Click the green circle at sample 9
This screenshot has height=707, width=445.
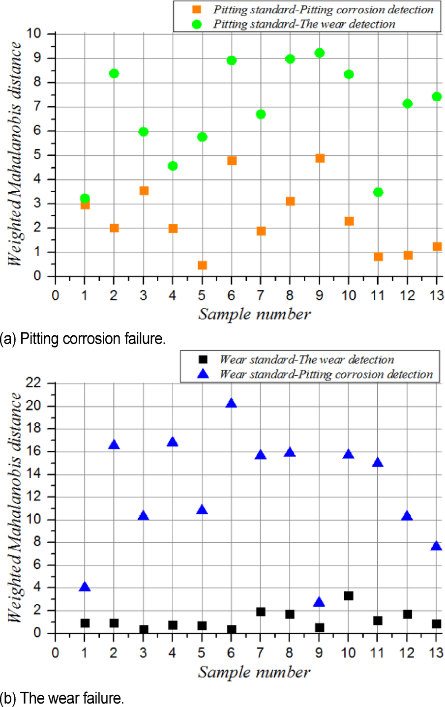(x=320, y=53)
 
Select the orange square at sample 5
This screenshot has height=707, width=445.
(x=202, y=265)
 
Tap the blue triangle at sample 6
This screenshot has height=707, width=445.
(x=231, y=404)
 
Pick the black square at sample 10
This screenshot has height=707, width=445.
(x=349, y=596)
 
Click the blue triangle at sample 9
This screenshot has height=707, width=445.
(x=319, y=602)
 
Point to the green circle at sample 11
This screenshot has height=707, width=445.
(x=378, y=192)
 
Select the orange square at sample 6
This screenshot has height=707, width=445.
(x=232, y=161)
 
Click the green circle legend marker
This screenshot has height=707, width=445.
(x=197, y=24)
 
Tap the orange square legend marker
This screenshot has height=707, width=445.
(x=197, y=10)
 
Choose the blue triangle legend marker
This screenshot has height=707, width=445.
(x=203, y=374)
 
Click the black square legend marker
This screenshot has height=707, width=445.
(x=203, y=360)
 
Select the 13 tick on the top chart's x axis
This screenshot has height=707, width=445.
(x=436, y=295)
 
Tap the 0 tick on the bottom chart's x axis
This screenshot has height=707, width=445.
(x=55, y=653)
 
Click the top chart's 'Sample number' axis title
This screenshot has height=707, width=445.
(x=254, y=314)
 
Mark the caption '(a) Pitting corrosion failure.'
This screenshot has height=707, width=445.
(x=83, y=339)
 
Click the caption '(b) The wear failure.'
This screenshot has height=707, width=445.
(x=62, y=698)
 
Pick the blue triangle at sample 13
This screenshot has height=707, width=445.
(x=436, y=546)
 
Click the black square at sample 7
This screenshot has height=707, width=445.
(x=261, y=612)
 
